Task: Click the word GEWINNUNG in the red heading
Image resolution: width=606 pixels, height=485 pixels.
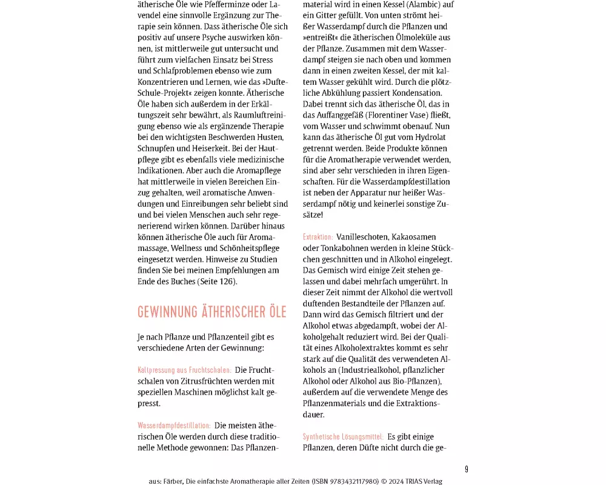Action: (168, 312)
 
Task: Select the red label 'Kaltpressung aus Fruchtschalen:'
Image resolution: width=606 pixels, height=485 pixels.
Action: (184, 370)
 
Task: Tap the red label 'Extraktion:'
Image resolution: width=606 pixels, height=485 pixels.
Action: (318, 237)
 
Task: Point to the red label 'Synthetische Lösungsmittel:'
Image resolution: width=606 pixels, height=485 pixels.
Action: (343, 436)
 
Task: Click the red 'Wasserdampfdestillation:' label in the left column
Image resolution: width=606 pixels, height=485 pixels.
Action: (174, 426)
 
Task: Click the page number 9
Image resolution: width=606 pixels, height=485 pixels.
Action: (467, 469)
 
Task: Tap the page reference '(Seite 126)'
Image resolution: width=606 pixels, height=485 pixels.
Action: (216, 281)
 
